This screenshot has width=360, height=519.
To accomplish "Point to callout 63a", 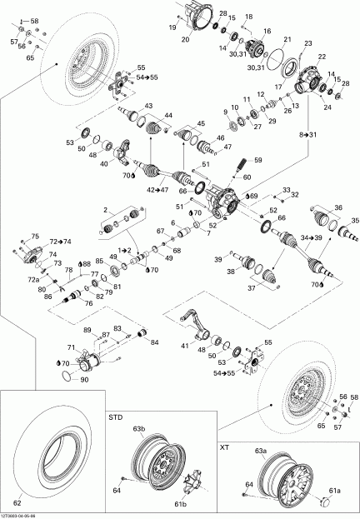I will tap(262, 451).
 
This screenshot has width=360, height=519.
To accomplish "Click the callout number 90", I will tap(84, 381).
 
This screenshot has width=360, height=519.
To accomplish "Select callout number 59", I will tap(258, 159).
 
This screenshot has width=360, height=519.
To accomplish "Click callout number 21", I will tap(288, 40).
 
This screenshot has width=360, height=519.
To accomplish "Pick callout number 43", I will tap(148, 106).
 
